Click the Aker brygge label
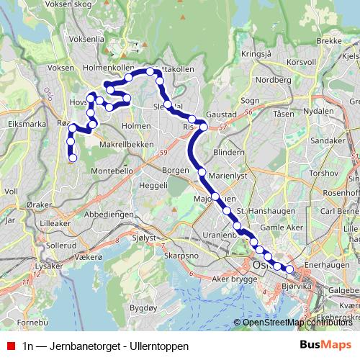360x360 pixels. point(223,278)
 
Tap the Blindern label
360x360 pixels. point(229,153)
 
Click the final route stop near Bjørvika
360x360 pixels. point(289,269)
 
